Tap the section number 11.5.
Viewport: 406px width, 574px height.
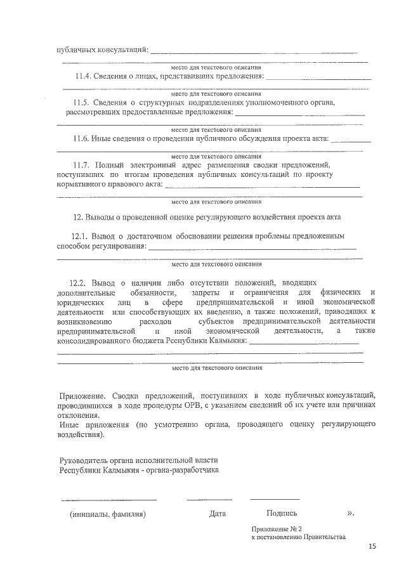pyautogui.click(x=82, y=102)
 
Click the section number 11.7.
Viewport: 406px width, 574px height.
pyautogui.click(x=83, y=164)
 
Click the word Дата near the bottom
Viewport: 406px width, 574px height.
pyautogui.click(x=218, y=513)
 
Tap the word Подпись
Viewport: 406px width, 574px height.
pyautogui.click(x=282, y=513)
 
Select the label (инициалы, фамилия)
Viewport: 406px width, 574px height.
pyautogui.click(x=108, y=514)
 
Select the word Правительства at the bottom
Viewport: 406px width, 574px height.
pyautogui.click(x=323, y=537)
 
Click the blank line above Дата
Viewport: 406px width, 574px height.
pyautogui.click(x=209, y=499)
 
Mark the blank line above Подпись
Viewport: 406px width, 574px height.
pyautogui.click(x=275, y=499)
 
